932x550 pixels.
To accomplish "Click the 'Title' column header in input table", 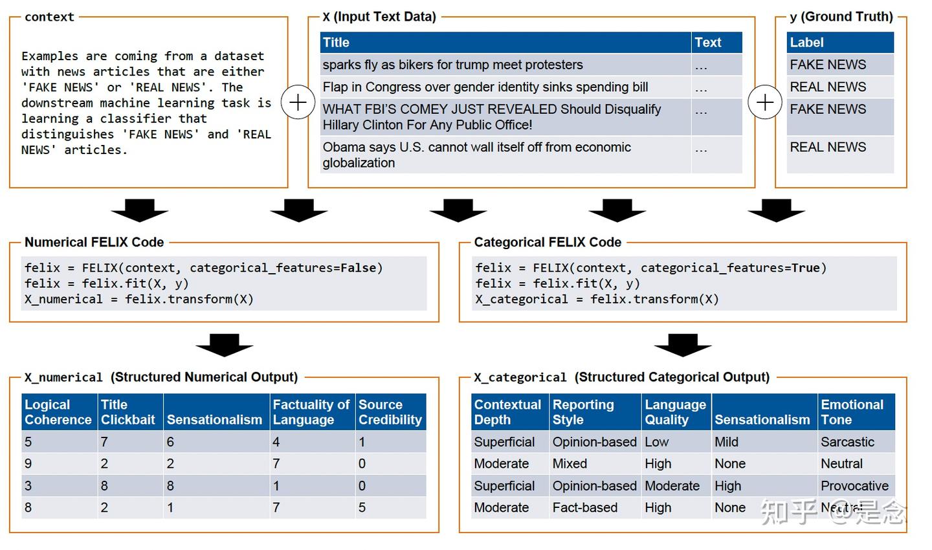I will [x=337, y=43].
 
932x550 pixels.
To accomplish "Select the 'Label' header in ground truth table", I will [x=806, y=43].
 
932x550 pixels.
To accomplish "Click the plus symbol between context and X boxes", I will [x=298, y=102].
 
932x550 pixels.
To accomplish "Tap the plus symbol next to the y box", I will [x=765, y=102].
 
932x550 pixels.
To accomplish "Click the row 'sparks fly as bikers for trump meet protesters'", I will [x=453, y=65].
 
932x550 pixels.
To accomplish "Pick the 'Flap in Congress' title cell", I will [x=485, y=87].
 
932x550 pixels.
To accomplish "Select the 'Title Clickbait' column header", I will [x=128, y=412].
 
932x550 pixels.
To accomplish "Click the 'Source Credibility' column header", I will [x=390, y=412].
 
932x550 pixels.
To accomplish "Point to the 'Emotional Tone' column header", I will [x=852, y=412].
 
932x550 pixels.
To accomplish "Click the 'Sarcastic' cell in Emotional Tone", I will [x=847, y=442].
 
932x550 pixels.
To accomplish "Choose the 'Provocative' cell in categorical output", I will [x=854, y=486].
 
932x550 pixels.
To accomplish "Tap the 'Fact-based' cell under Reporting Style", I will [x=585, y=508].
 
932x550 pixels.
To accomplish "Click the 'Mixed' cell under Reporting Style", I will [x=570, y=464].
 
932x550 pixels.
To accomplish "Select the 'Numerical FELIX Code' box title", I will [x=94, y=243].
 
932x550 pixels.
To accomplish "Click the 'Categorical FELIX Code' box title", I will [x=548, y=243].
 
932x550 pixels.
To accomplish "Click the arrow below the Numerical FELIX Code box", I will [x=224, y=346].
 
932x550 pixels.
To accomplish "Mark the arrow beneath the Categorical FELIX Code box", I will [x=683, y=346].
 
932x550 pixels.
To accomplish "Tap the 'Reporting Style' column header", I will [x=582, y=412].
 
